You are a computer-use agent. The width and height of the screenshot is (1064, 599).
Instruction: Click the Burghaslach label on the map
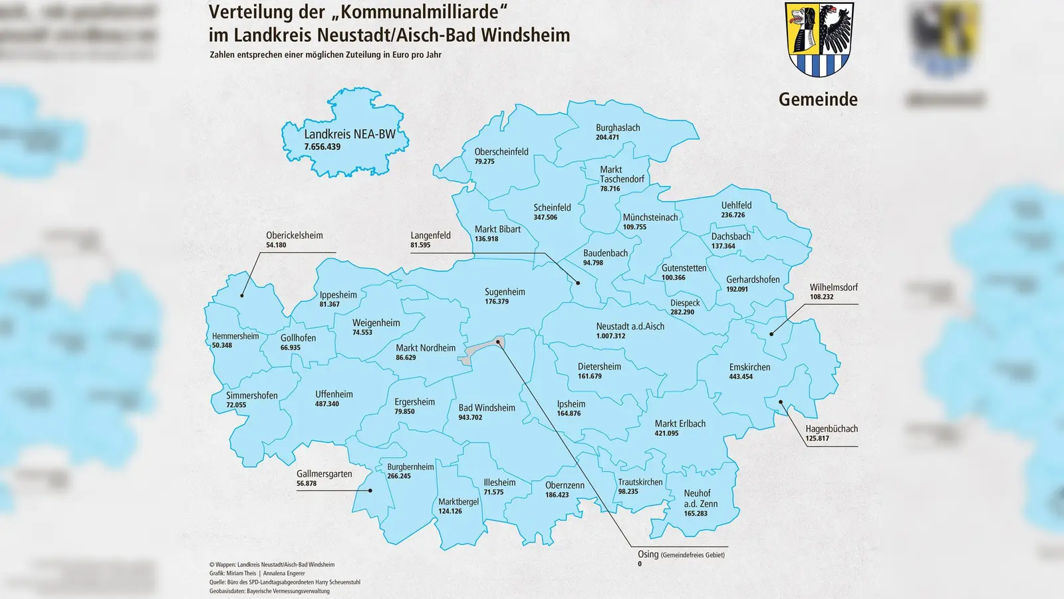pyautogui.click(x=618, y=128)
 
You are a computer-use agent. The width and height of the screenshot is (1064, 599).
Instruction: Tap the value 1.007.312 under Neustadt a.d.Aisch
pyautogui.click(x=610, y=336)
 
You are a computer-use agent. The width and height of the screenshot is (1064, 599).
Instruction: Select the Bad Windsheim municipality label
pyautogui.click(x=487, y=408)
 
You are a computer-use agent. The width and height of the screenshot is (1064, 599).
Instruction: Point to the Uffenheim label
pyautogui.click(x=334, y=394)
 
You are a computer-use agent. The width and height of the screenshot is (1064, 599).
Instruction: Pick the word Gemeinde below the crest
pyautogui.click(x=818, y=99)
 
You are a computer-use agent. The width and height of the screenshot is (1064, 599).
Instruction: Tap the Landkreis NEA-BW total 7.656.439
pyautogui.click(x=323, y=147)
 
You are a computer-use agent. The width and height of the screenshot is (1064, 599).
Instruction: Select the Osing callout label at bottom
pyautogui.click(x=680, y=554)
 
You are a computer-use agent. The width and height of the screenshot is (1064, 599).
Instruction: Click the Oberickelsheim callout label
pyautogui.click(x=294, y=236)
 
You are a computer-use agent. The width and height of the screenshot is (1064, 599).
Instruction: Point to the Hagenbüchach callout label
pyautogui.click(x=831, y=429)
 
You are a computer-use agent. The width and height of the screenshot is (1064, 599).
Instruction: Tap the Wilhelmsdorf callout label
pyautogui.click(x=833, y=288)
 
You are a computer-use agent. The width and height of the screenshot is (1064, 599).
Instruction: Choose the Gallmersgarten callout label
pyautogui.click(x=325, y=474)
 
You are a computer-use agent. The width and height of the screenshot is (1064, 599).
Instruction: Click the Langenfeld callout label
pyautogui.click(x=430, y=236)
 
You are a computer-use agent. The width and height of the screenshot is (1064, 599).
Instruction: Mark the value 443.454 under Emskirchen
pyautogui.click(x=741, y=377)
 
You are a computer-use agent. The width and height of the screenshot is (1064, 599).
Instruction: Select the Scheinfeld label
pyautogui.click(x=552, y=208)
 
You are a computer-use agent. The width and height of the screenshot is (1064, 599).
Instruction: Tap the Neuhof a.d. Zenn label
pyautogui.click(x=700, y=499)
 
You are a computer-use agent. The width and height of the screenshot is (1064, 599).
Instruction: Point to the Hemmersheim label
pyautogui.click(x=235, y=336)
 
